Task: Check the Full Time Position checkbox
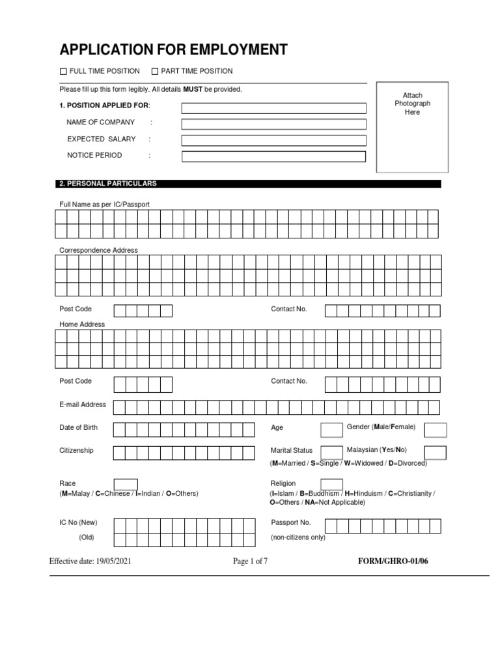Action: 63,71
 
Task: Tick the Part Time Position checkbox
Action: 155,71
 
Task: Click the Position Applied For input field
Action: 273,107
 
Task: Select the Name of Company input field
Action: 273,124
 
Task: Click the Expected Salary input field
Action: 273,140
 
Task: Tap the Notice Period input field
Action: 273,156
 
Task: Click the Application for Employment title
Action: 173,50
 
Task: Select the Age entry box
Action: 331,429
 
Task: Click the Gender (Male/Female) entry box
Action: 436,429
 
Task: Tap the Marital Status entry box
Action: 332,452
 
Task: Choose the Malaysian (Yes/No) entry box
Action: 435,453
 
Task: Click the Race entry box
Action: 126,484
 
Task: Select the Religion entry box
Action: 331,484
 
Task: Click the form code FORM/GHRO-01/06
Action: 393,561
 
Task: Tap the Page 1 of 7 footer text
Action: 250,561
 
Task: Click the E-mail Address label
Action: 83,404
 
